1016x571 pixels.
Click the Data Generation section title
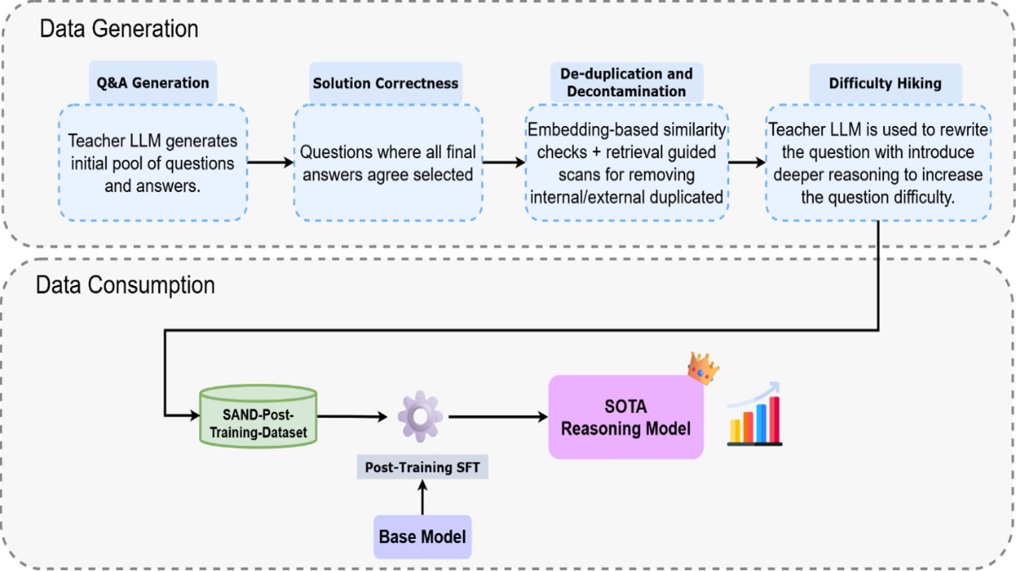[x=119, y=29]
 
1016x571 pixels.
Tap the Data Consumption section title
[x=124, y=285]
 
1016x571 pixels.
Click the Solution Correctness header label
[x=385, y=83]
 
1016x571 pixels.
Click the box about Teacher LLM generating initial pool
[x=152, y=162]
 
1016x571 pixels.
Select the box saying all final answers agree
[x=388, y=162]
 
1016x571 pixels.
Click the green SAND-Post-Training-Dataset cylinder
[x=257, y=415]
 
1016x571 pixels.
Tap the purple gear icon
[x=421, y=416]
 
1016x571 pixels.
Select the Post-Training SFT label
[x=422, y=467]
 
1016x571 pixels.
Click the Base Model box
[x=422, y=536]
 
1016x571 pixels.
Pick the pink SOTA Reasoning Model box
[x=626, y=417]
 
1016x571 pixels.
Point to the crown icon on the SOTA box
[x=703, y=369]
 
